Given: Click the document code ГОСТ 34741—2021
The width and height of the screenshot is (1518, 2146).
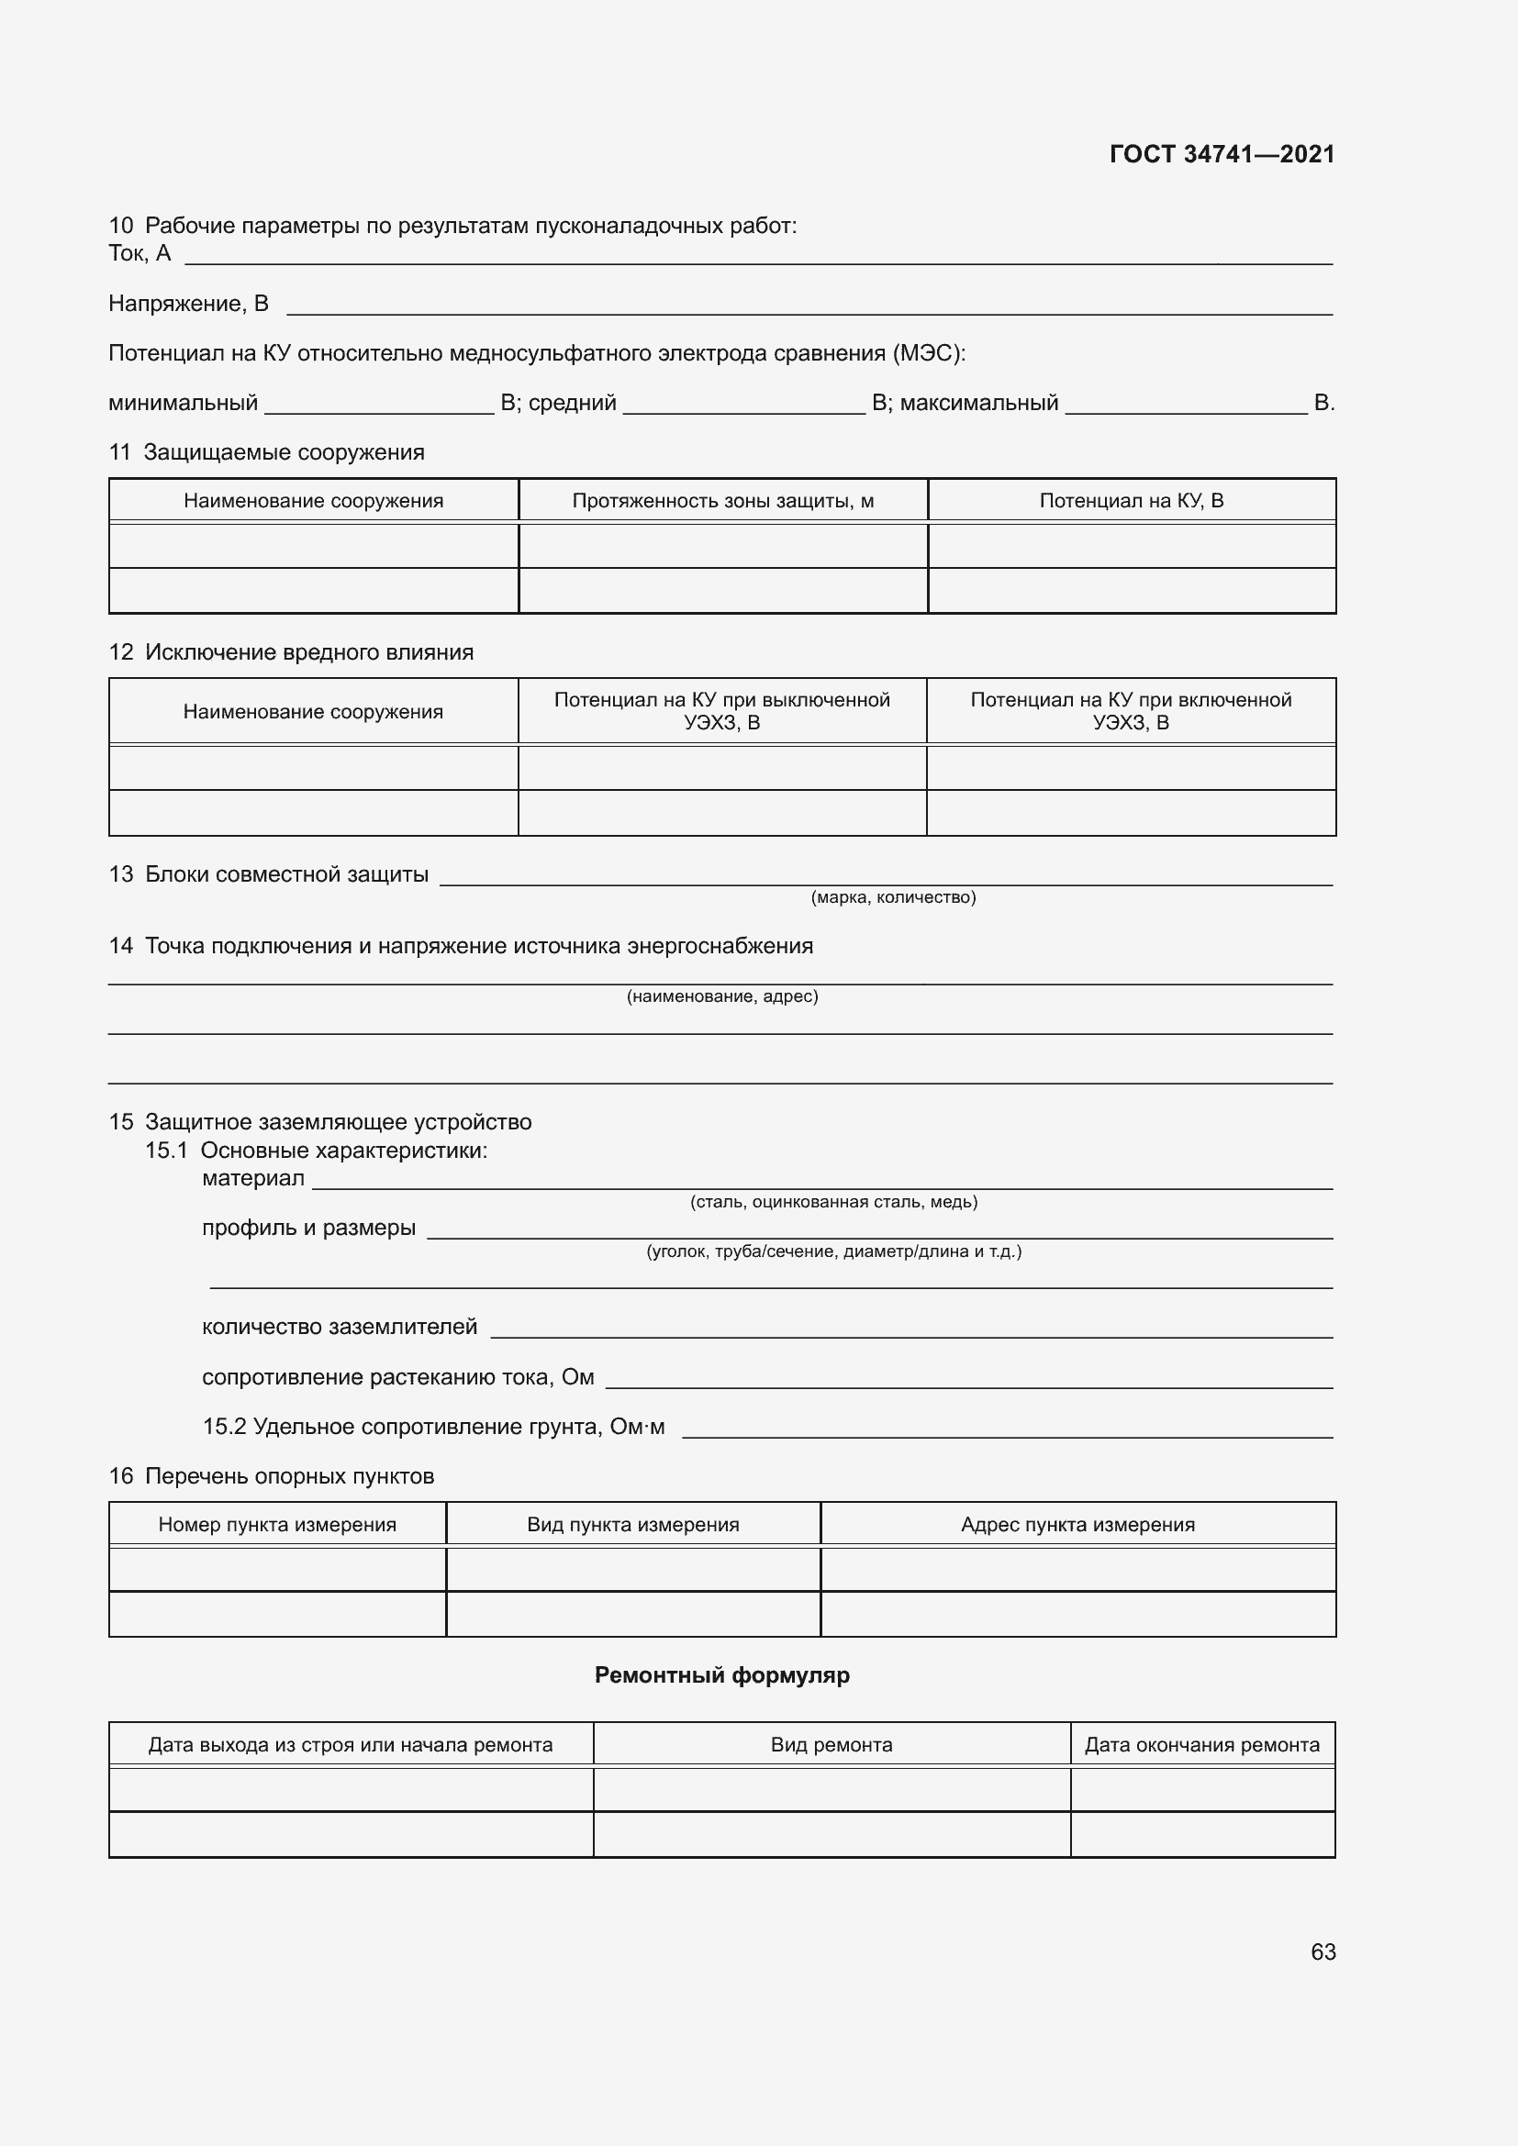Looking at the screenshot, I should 1221,154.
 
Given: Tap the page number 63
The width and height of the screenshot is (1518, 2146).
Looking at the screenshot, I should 1323,1951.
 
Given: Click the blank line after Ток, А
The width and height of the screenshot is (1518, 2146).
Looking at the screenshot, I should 757,258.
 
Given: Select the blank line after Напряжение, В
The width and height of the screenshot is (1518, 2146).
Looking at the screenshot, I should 809,307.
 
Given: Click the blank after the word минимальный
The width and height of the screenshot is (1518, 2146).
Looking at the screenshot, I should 378,407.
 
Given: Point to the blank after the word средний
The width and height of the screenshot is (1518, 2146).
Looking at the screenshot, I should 743,407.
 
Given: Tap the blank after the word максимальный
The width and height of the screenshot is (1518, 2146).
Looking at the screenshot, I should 1185,407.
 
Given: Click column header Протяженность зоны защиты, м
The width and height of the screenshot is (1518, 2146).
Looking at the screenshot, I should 722,501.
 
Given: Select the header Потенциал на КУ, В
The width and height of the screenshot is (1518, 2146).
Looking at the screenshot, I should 1131,501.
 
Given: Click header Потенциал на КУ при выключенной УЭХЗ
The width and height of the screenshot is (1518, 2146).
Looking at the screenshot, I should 721,711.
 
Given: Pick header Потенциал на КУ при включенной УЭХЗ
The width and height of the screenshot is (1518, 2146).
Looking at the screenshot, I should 1130,711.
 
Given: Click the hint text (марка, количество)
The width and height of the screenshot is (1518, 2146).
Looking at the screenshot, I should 893,897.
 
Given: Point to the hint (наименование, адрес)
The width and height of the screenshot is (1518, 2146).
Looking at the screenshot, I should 721,996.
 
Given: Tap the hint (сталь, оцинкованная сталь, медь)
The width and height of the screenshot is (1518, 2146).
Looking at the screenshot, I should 832,1202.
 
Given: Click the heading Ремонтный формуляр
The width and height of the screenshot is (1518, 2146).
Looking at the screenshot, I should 721,1675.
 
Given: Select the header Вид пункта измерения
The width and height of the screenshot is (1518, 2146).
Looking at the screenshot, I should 633,1525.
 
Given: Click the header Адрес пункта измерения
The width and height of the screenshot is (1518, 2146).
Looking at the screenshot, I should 1077,1525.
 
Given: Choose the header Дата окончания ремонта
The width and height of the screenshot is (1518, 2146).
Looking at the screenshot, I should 1201,1745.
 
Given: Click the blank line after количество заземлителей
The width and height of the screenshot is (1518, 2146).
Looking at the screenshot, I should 911,1332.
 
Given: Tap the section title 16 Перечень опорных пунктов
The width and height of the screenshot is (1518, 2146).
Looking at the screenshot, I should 271,1476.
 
